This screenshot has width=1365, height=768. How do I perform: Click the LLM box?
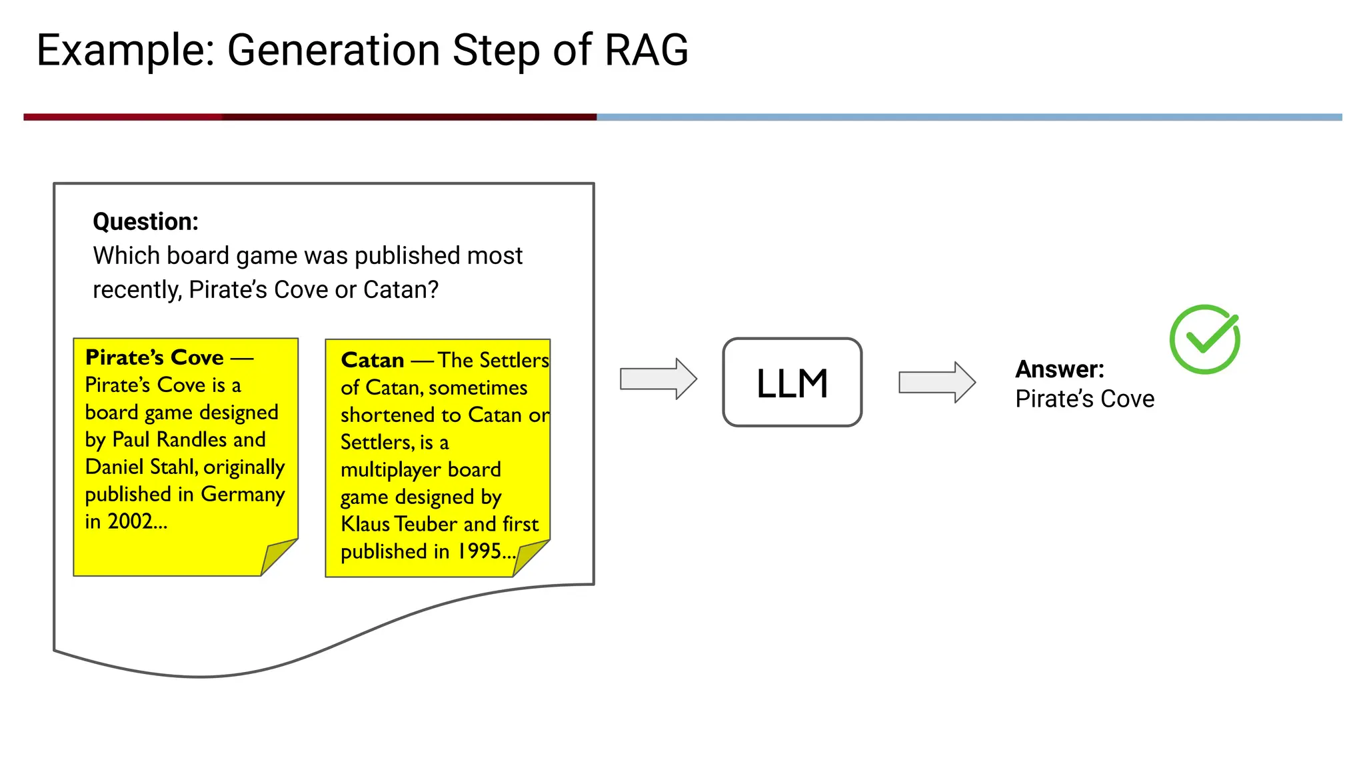click(792, 383)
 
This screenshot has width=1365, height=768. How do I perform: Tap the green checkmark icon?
click(1204, 339)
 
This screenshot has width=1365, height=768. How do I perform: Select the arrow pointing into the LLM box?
click(658, 379)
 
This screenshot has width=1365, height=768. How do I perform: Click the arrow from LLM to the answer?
click(936, 382)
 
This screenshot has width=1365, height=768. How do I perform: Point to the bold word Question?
click(145, 221)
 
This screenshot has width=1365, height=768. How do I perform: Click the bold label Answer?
click(1059, 369)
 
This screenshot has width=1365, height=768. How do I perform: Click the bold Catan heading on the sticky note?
click(372, 360)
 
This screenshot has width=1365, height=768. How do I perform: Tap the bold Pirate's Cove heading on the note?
click(154, 357)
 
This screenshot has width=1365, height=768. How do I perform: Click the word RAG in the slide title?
click(646, 50)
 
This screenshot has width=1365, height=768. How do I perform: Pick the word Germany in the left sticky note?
click(243, 494)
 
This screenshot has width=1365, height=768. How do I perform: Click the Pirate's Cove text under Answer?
click(1084, 399)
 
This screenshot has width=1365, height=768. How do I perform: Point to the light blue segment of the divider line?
click(966, 117)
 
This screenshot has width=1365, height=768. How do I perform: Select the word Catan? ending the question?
click(401, 290)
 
